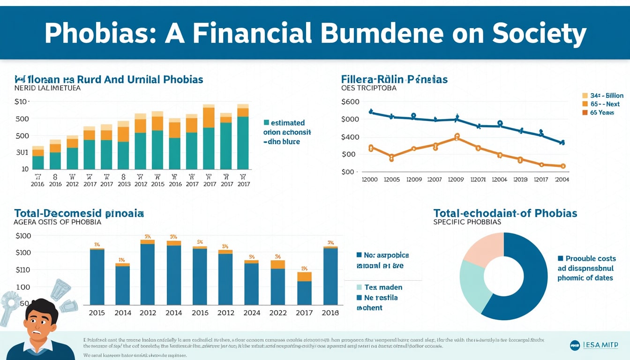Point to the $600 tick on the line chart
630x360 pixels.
(x=350, y=102)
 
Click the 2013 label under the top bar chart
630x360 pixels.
(x=124, y=184)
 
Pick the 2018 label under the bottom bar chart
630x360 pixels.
(x=330, y=313)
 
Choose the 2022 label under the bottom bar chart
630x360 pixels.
(x=277, y=313)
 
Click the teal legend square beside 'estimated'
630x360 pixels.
(x=266, y=123)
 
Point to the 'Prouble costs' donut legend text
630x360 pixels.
(x=591, y=258)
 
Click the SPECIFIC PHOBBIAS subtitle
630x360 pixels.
(x=467, y=222)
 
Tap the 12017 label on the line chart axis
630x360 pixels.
(x=540, y=179)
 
